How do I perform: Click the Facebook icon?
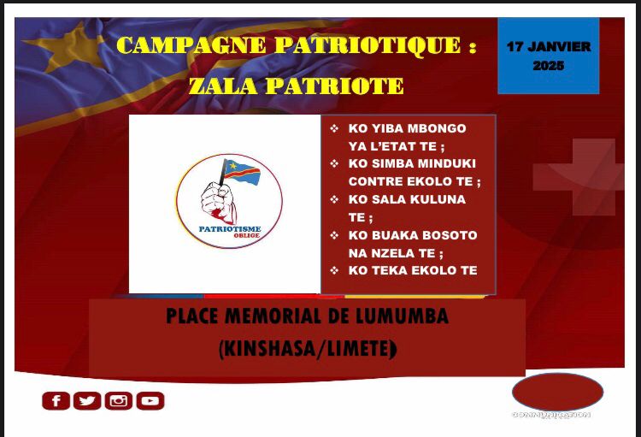click(x=56, y=400)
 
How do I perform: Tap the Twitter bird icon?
click(x=87, y=400)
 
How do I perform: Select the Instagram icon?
click(x=118, y=400)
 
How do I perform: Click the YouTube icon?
click(x=150, y=400)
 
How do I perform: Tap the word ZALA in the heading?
click(x=220, y=86)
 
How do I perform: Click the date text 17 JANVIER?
click(x=548, y=47)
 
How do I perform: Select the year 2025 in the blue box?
click(x=548, y=65)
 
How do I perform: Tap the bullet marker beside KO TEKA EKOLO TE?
click(x=334, y=270)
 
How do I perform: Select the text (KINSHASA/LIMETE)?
click(x=307, y=349)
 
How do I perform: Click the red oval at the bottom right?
click(x=557, y=393)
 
